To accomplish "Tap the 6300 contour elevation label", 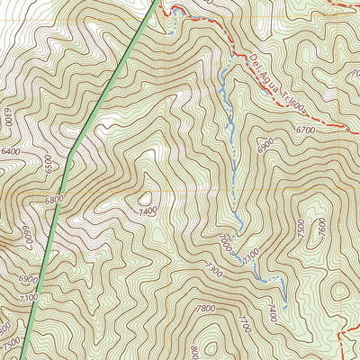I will click(x=8, y=116).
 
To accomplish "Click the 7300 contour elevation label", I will click(x=213, y=270).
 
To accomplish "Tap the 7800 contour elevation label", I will click(x=204, y=309).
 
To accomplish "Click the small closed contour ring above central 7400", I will click(x=144, y=196).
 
